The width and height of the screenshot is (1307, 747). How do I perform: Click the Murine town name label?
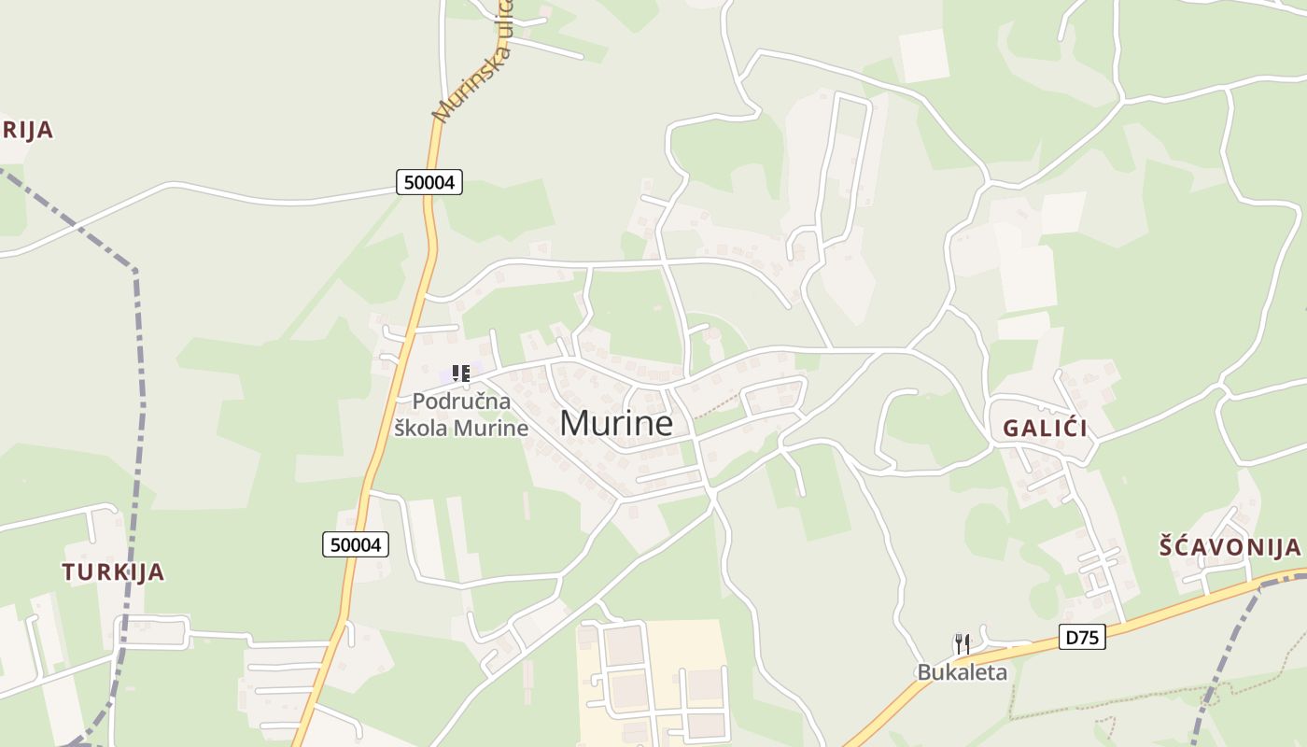[616, 423]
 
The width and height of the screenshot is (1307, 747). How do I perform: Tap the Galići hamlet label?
[1045, 429]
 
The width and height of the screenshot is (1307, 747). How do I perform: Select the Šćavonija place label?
[1230, 546]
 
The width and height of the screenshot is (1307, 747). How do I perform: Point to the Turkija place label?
[113, 571]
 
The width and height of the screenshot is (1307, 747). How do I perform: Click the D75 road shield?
[1083, 638]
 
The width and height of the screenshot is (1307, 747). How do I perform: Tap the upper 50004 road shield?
[429, 182]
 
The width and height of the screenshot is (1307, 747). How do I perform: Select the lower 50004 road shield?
[356, 544]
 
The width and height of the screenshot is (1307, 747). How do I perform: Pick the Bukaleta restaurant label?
[962, 671]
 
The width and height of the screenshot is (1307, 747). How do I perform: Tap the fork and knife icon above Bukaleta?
[962, 643]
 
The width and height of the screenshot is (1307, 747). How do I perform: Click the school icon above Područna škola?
[460, 373]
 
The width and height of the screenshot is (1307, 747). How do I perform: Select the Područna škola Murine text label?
[461, 415]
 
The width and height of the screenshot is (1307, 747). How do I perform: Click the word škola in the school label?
[422, 429]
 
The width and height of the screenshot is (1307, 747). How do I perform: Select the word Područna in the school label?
[461, 402]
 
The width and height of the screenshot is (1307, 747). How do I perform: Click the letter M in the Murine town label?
[574, 423]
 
